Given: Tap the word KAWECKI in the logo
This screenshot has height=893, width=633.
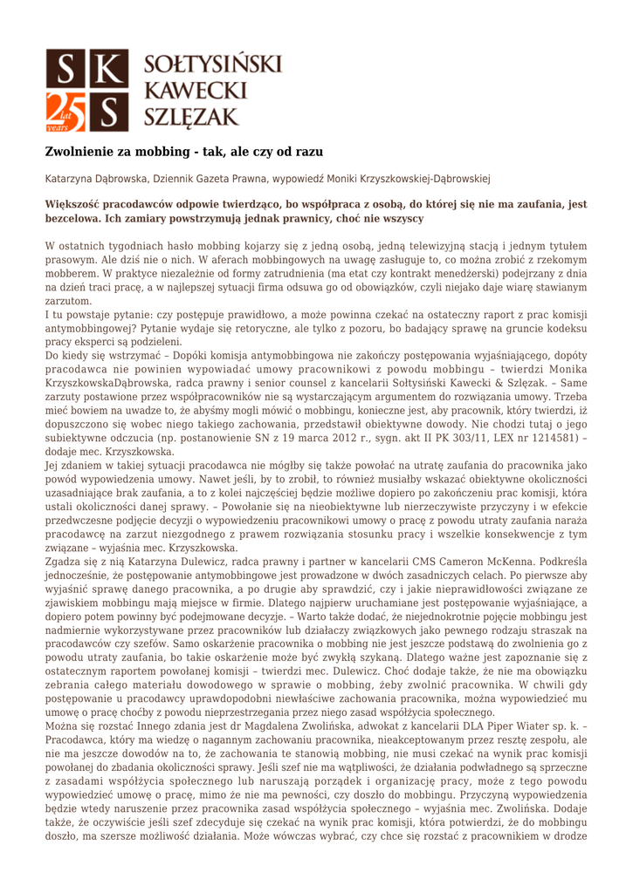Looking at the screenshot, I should tap(195, 89).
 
